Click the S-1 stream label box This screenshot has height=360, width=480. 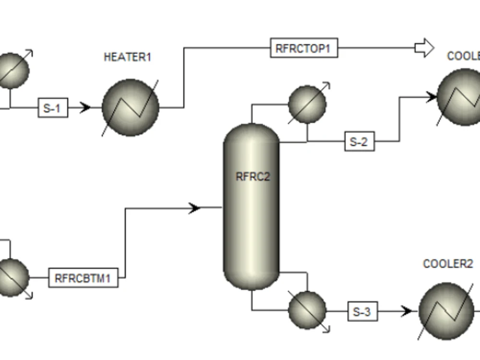53,108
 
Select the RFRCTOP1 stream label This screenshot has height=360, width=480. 304,48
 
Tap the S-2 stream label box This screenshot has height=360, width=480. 359,142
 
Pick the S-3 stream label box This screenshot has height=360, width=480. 362,312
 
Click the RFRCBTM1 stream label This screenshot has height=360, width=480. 83,278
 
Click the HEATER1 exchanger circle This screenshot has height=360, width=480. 130,108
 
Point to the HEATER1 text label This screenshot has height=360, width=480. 127,57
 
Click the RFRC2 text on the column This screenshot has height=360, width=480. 252,177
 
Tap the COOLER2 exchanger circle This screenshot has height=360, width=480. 446,311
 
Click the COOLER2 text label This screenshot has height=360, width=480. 447,264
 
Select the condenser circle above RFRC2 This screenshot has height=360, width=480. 307,104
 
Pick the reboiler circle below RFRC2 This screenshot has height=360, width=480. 307,310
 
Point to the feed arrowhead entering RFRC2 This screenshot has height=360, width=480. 194,208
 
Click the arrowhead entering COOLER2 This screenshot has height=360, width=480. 407,312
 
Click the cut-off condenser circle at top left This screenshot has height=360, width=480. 12,71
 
